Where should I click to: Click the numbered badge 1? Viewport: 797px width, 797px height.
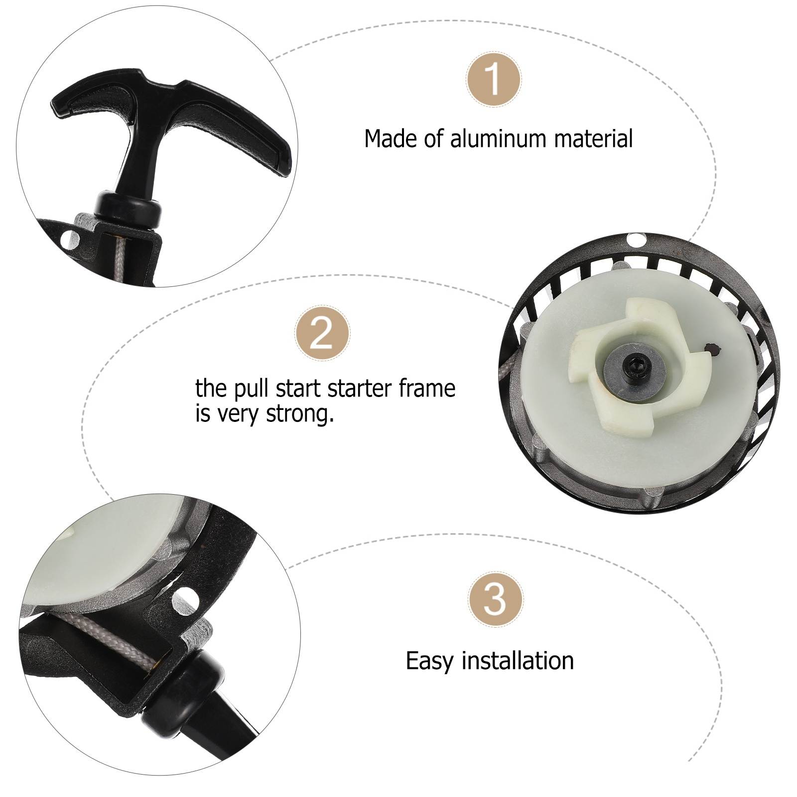pyautogui.click(x=494, y=79)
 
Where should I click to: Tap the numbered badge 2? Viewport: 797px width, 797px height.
pyautogui.click(x=322, y=333)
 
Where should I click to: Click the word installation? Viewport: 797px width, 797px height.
pyautogui.click(x=518, y=661)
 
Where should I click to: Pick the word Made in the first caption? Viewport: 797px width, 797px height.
pyautogui.click(x=391, y=138)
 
